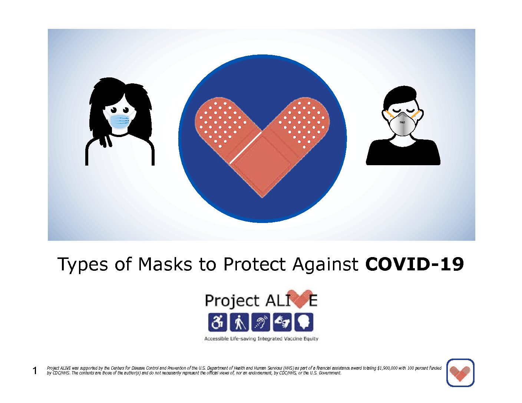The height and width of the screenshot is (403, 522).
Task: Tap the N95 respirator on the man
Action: coord(403,124)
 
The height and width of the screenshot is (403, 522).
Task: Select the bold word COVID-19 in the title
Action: coord(414,264)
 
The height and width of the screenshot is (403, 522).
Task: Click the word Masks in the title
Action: coord(165,264)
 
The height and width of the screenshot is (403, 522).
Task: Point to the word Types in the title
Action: coord(83,264)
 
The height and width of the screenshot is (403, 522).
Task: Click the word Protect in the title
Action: coord(255,264)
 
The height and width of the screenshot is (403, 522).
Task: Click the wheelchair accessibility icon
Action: coord(217,322)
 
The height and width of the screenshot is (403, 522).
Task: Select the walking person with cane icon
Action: coord(239,322)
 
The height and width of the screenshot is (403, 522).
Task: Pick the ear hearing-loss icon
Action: coord(261,322)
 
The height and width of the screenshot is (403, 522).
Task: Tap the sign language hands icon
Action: coord(282,322)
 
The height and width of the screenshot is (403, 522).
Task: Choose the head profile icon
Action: coord(304,322)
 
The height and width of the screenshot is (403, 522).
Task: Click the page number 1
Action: coord(35,371)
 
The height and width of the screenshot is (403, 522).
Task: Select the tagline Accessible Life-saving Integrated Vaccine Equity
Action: coord(261,339)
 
